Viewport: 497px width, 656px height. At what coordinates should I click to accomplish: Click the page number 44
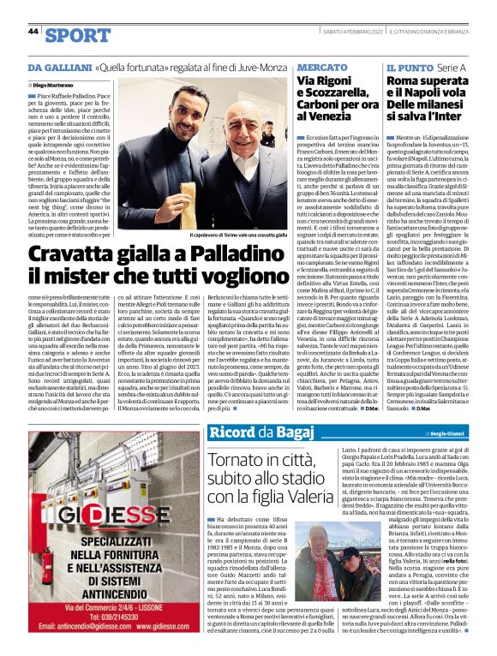pyautogui.click(x=33, y=31)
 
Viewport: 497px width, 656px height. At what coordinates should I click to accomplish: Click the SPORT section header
pyautogui.click(x=78, y=35)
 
